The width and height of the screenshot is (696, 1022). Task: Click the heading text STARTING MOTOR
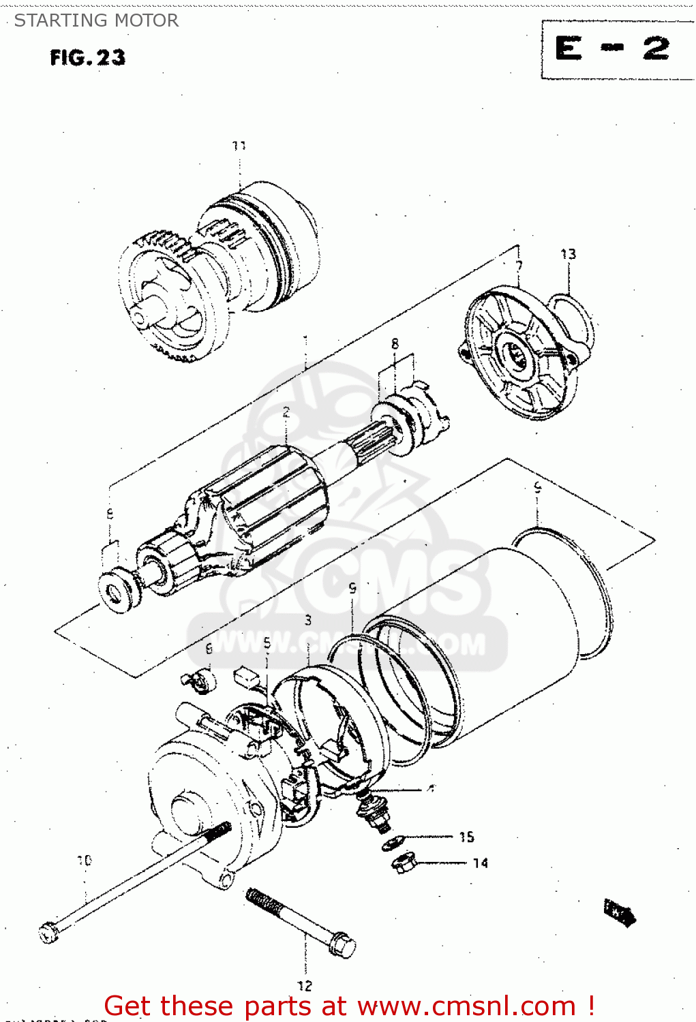point(96,20)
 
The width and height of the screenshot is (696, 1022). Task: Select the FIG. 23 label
point(87,57)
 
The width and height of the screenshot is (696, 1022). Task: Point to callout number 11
point(239,146)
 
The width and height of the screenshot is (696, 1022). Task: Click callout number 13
point(568,254)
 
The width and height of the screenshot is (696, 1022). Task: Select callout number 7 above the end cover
point(519,266)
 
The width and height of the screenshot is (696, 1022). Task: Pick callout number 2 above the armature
point(286,412)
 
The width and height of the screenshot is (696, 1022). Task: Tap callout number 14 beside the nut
point(481,863)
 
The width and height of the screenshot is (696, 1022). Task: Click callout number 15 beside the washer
point(466,837)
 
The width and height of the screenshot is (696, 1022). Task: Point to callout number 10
point(84,861)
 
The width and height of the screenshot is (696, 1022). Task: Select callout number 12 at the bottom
point(305,985)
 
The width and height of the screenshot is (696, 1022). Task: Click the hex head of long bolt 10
point(49,931)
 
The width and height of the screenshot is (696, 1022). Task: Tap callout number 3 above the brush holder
point(308,620)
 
